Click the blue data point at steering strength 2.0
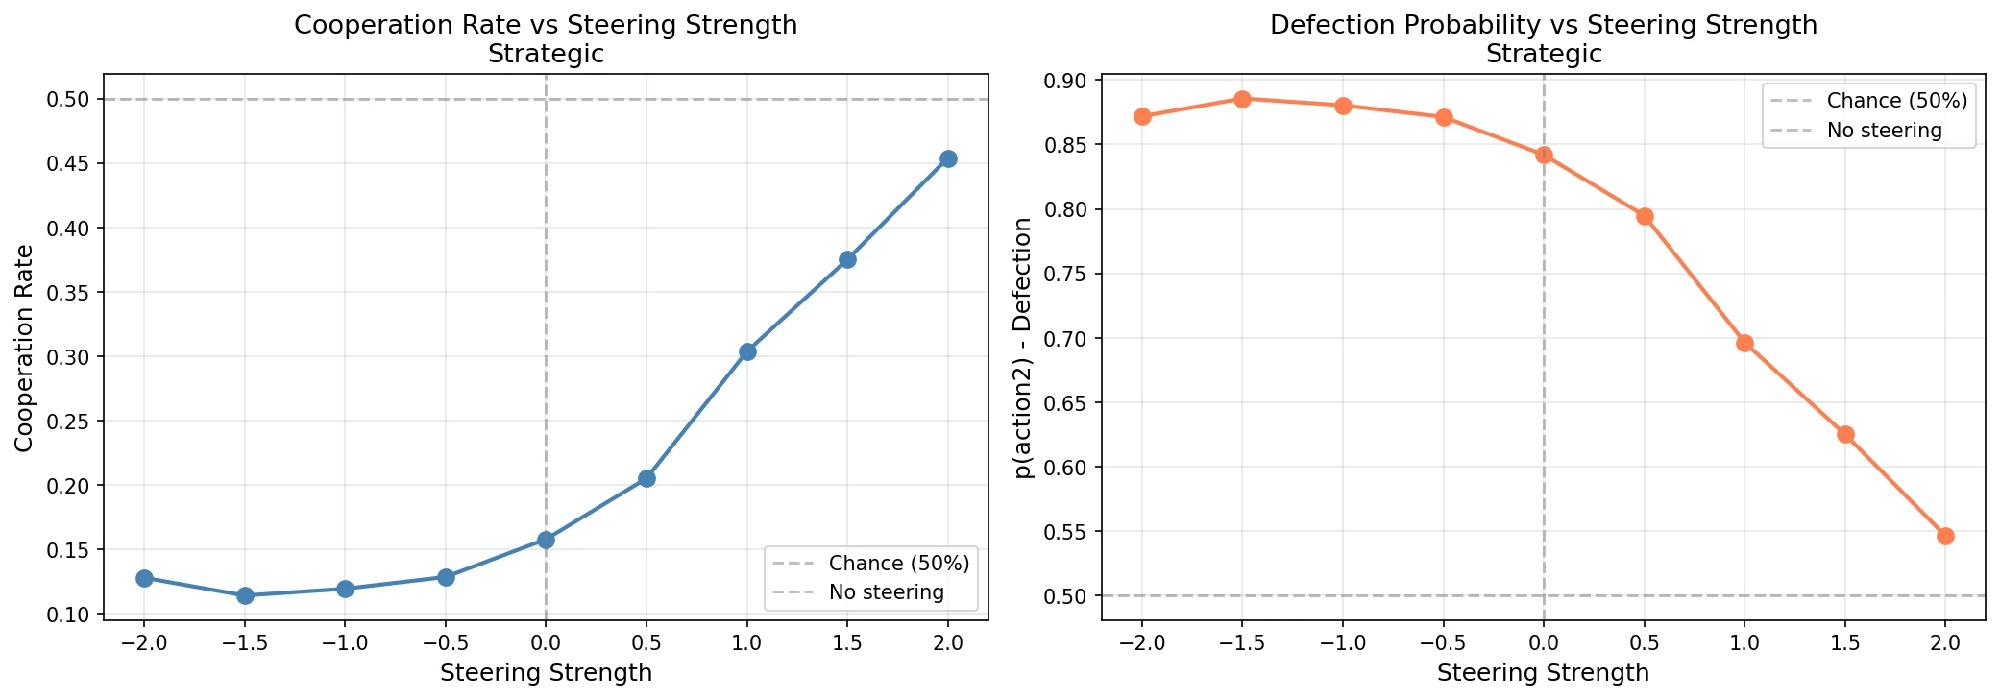948,158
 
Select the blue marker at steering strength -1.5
245,595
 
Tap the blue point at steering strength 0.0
546,540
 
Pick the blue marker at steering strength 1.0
747,351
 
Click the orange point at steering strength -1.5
1242,99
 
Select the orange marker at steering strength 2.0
1945,536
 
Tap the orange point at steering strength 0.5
1645,216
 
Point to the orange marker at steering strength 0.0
1544,155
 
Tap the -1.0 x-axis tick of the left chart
345,642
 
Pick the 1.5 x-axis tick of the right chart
1845,642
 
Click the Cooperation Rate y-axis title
24,348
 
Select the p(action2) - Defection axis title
1022,348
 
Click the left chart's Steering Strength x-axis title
546,673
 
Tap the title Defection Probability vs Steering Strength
1543,25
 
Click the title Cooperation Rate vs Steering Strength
546,25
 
